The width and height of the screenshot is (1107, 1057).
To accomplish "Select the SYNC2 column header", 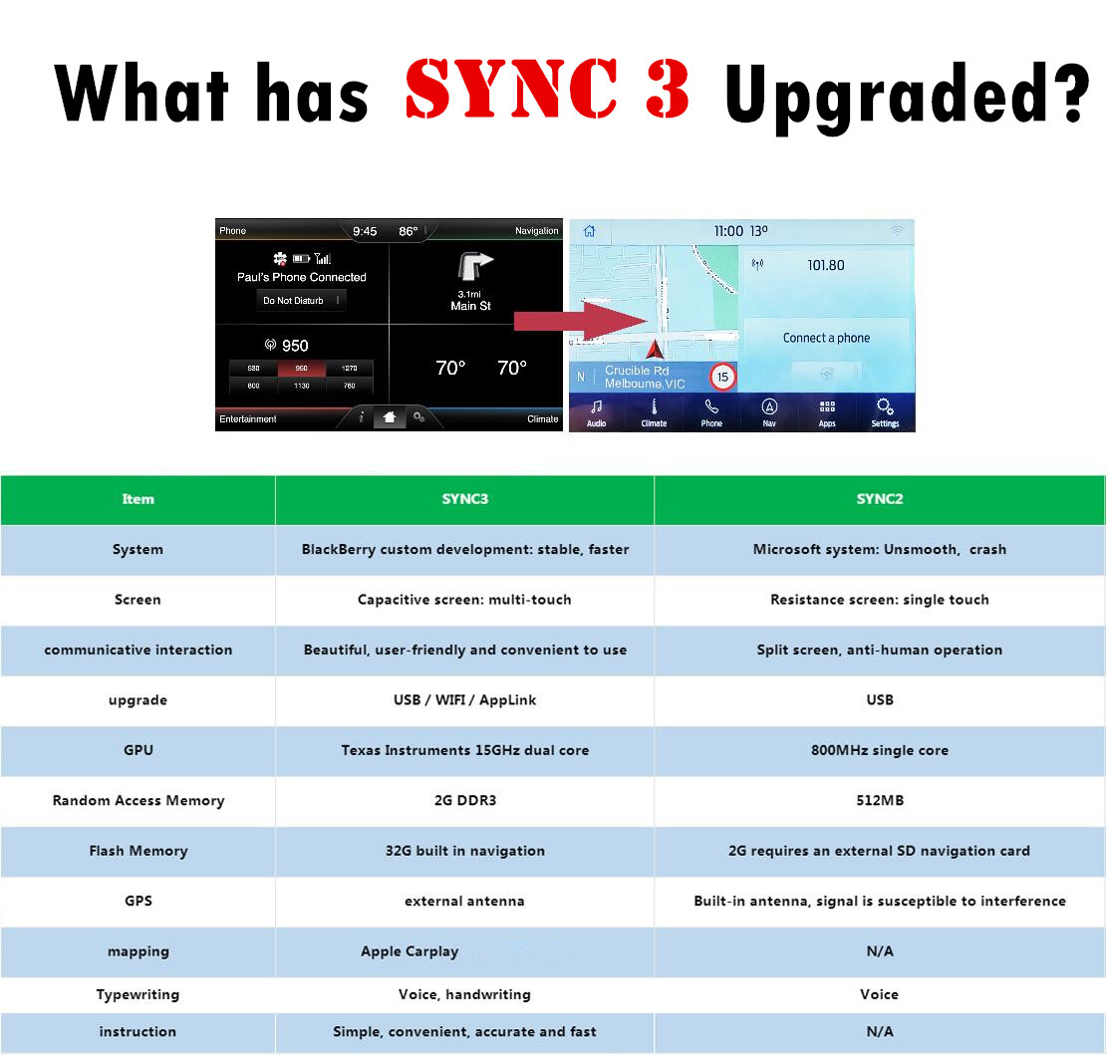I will pyautogui.click(x=879, y=499).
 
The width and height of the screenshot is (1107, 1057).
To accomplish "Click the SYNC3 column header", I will pyautogui.click(x=464, y=499).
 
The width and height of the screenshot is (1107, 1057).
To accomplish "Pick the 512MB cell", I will pyautogui.click(x=879, y=800).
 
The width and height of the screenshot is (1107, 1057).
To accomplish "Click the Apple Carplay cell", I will pyautogui.click(x=410, y=951).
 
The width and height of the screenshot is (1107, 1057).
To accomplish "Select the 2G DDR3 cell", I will pyautogui.click(x=464, y=800).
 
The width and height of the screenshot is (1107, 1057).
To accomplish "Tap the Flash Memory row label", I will pyautogui.click(x=138, y=851).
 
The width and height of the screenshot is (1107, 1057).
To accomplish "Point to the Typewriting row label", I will pyautogui.click(x=138, y=994).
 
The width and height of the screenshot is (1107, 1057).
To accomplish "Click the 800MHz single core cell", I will pyautogui.click(x=879, y=750).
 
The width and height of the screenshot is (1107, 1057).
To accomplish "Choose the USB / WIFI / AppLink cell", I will pyautogui.click(x=464, y=700).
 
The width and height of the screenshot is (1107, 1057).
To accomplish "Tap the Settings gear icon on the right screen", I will pyautogui.click(x=884, y=406).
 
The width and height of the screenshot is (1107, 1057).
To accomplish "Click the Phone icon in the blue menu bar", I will pyautogui.click(x=711, y=406).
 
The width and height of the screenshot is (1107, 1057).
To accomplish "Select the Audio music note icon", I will pyautogui.click(x=596, y=406).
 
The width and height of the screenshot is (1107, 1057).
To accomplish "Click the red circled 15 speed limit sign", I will pyautogui.click(x=722, y=378).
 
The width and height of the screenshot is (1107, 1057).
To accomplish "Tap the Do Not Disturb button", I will pyautogui.click(x=300, y=301).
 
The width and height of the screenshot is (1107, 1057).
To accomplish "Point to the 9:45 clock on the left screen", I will pyautogui.click(x=365, y=231).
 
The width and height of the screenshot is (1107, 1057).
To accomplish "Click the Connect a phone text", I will pyautogui.click(x=826, y=338).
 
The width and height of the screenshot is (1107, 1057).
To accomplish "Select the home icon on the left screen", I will pyautogui.click(x=389, y=418).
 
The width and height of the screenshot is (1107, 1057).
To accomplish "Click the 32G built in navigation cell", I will pyautogui.click(x=464, y=851).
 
